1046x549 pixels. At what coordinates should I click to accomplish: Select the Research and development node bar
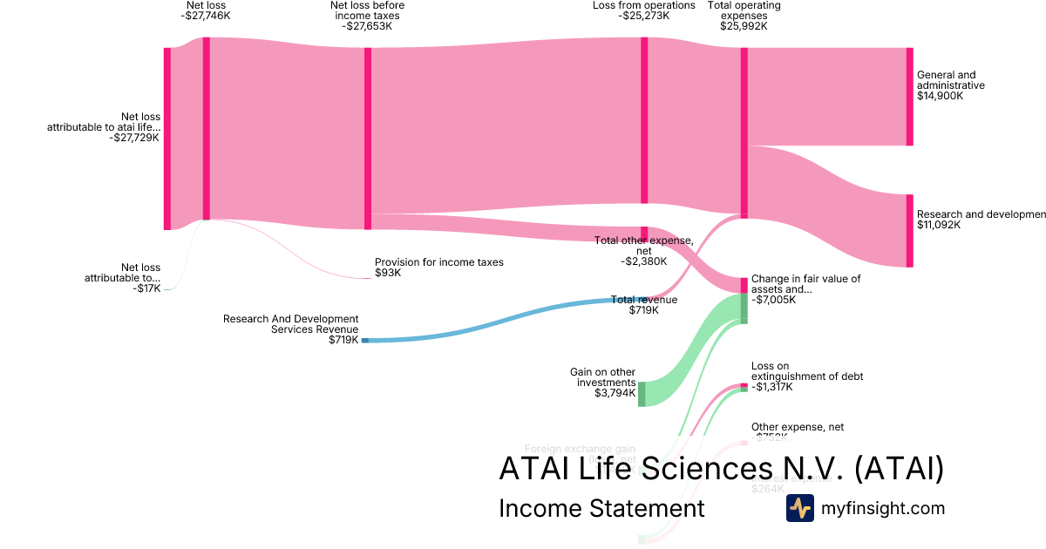910,230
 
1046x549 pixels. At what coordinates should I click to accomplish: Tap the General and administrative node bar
910,96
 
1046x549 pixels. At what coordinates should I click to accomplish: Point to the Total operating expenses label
744,16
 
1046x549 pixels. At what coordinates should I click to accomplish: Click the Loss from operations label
644,10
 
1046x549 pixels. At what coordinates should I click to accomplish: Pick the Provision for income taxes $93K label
438,267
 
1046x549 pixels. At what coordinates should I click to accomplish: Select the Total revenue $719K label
643,304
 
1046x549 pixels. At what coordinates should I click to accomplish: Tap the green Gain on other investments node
642,394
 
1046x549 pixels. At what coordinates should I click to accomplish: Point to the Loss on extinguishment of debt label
807,376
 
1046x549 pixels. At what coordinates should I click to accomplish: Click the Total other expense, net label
643,250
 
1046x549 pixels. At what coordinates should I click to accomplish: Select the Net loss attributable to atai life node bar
167,139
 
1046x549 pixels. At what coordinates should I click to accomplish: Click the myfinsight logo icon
799,508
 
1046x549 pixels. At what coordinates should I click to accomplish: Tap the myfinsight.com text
883,508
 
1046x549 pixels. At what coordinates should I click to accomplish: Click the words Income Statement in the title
601,508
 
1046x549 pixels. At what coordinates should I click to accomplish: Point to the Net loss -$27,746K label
206,10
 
